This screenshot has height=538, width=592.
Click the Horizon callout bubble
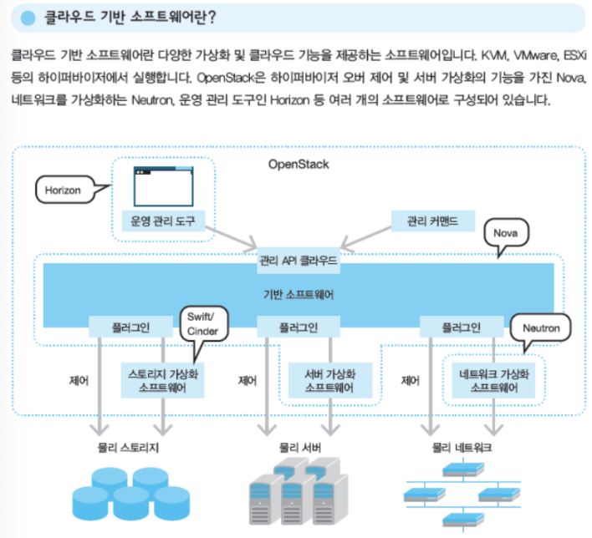pyautogui.click(x=64, y=190)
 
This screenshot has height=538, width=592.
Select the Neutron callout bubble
pyautogui.click(x=541, y=327)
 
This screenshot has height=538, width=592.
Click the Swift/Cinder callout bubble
pyautogui.click(x=202, y=325)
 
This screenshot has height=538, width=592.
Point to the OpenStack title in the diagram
pyautogui.click(x=299, y=164)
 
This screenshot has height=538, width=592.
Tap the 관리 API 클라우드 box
pyautogui.click(x=299, y=261)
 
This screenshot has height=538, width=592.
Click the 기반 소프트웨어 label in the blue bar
pyautogui.click(x=299, y=293)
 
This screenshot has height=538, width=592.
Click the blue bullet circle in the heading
pyautogui.click(x=28, y=16)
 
